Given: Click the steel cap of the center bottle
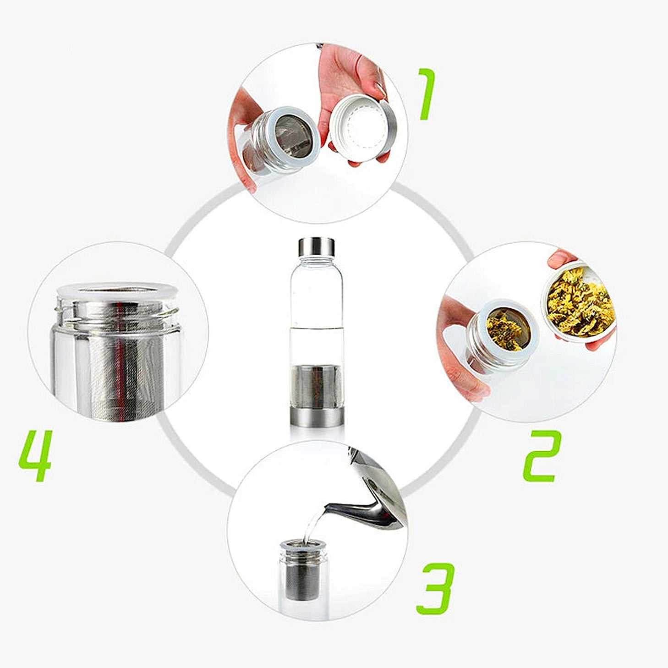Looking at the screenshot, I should [317, 247].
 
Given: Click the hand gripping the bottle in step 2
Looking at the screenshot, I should [458, 353].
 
